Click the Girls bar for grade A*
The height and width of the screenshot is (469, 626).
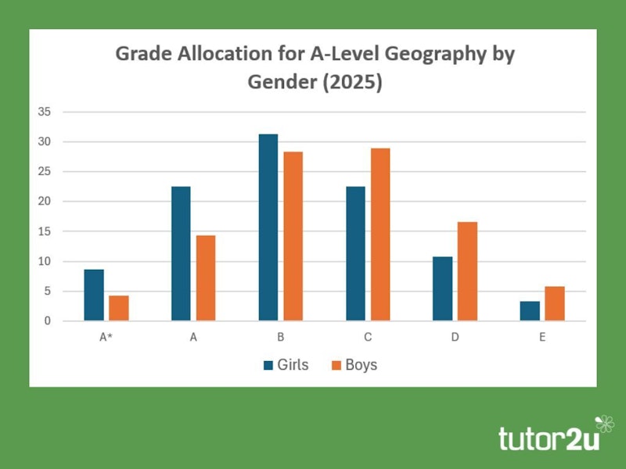[94, 295]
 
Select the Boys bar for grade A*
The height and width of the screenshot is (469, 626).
[119, 308]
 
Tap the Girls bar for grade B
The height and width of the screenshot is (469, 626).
[268, 227]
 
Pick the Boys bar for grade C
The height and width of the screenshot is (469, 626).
[380, 234]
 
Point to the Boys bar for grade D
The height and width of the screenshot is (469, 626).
[467, 271]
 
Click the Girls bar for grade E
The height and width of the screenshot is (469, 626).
[530, 310]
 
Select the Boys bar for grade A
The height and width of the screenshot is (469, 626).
[206, 277]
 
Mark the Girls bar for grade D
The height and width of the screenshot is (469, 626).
[442, 288]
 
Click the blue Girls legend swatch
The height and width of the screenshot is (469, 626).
[269, 365]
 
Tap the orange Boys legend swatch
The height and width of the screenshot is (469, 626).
[337, 365]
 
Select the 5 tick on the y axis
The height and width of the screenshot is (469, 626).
[47, 291]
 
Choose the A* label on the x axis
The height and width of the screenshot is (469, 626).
[106, 338]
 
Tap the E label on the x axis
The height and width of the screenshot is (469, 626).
[542, 338]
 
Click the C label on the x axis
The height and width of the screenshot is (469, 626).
[368, 338]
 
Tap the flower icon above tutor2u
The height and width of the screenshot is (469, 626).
[605, 424]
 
